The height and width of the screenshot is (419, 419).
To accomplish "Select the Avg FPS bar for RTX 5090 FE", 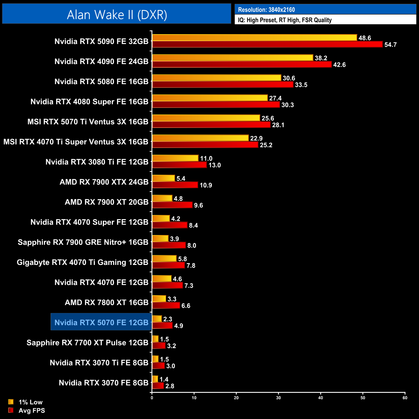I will tap(267, 44).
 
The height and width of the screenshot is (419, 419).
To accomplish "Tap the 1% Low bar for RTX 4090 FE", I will tap(232, 58).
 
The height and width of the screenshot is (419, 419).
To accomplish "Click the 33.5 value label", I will tap(301, 85).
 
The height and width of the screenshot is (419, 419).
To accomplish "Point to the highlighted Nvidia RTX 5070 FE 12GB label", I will tap(101, 322).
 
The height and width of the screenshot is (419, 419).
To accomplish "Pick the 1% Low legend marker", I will tap(11, 402).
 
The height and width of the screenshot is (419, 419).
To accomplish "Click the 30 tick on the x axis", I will tap(278, 398).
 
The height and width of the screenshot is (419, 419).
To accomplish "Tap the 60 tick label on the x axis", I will tap(405, 398).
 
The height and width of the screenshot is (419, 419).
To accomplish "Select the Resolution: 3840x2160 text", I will tap(266, 10).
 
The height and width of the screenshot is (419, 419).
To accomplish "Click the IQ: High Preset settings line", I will tap(285, 20).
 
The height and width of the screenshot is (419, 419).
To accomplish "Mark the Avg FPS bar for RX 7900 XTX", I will tap(175, 185).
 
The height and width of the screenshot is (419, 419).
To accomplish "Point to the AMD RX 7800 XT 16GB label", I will tap(106, 302).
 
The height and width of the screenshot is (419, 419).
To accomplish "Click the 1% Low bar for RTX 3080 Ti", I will tap(175, 158).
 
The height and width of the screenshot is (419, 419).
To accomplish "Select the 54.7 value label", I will tap(390, 45).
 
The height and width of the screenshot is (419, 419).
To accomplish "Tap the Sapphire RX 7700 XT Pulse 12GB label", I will tap(87, 343).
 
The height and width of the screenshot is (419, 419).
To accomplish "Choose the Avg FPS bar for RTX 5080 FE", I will tap(223, 85).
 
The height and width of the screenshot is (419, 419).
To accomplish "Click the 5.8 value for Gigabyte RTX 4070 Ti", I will tap(182, 259).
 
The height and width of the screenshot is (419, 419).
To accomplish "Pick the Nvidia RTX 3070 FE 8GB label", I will tap(103, 383).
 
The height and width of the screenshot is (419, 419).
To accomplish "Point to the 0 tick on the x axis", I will tap(152, 398).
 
